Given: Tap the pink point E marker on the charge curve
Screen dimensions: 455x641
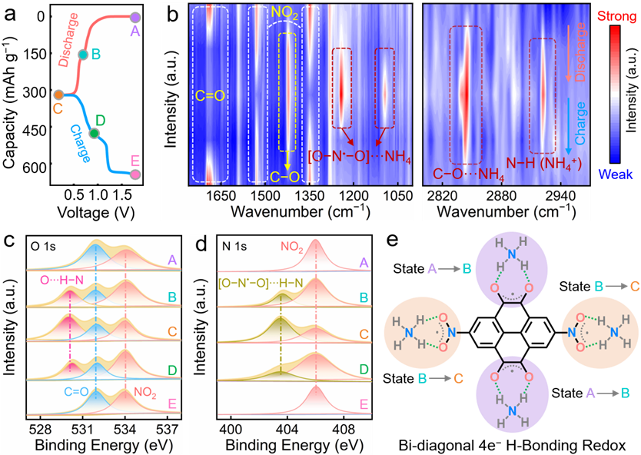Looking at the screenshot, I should [136, 174].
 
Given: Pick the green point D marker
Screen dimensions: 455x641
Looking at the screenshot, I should [94, 134].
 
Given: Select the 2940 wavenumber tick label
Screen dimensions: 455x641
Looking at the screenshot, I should [560, 197].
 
